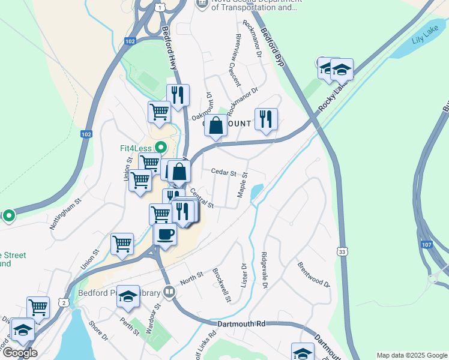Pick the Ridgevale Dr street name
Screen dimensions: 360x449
pyautogui.click(x=264, y=269)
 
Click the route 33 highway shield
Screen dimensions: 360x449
pyautogui.click(x=342, y=250)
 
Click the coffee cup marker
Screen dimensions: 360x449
pyautogui.click(x=165, y=234)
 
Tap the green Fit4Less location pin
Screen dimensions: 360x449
pyautogui.click(x=160, y=147)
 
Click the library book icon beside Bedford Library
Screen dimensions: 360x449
pyautogui.click(x=169, y=293)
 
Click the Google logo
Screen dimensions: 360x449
pyautogui.click(x=20, y=352)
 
